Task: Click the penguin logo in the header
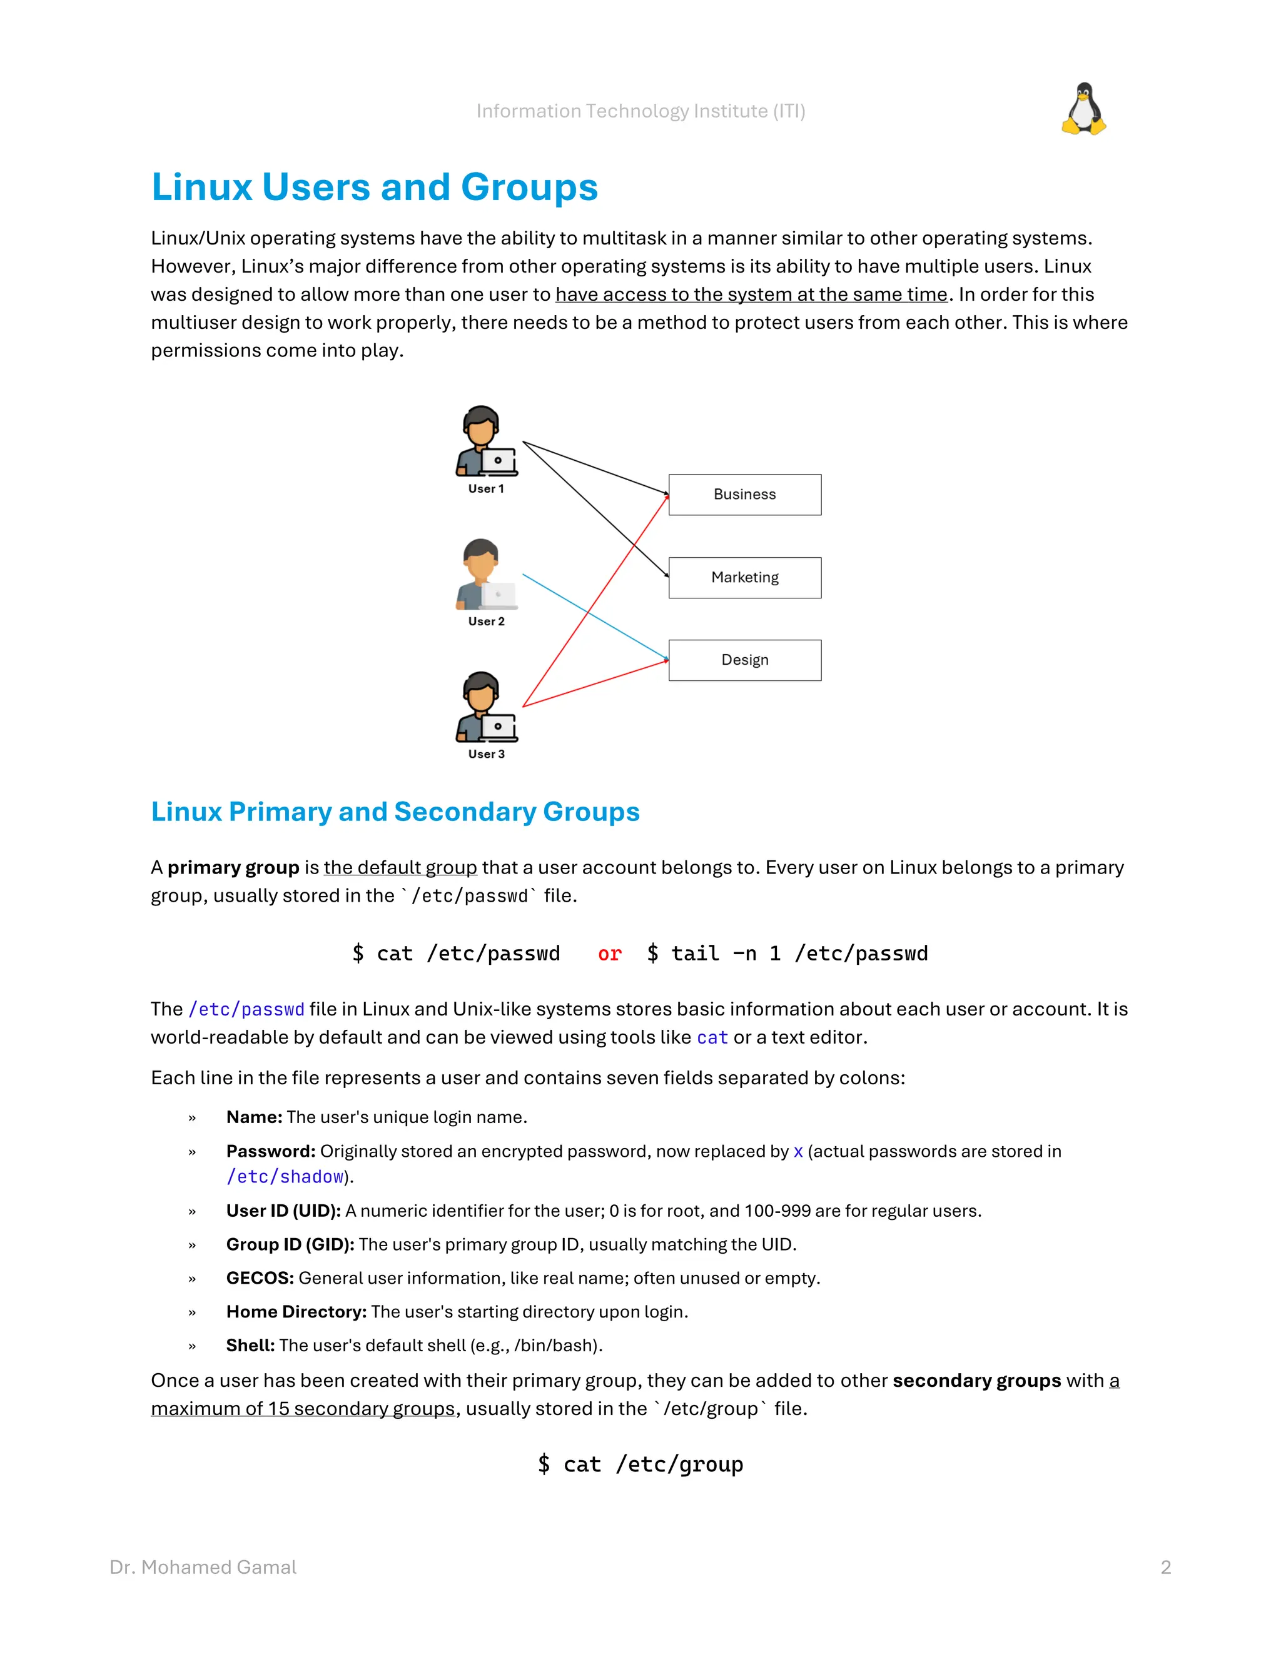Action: coord(1084,109)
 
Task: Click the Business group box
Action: coord(744,495)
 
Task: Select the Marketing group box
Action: coord(744,577)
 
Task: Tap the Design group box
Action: coord(744,660)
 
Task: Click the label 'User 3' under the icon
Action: coord(485,754)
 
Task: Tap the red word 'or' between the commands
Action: coord(609,954)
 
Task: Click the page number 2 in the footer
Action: coord(1166,1567)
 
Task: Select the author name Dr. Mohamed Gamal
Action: coord(203,1567)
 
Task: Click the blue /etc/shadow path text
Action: coord(285,1177)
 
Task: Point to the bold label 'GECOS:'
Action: coord(260,1279)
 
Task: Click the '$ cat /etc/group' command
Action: coord(640,1464)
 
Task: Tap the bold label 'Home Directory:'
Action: coord(296,1312)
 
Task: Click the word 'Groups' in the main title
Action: coord(529,188)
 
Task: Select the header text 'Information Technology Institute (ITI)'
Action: coord(640,111)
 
